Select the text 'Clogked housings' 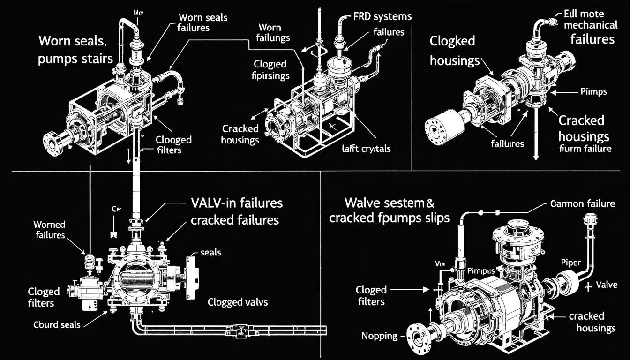click(x=454, y=51)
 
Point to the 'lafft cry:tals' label click(x=366, y=149)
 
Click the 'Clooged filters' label click(x=173, y=145)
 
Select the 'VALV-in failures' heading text click(x=237, y=203)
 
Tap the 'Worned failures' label click(x=49, y=230)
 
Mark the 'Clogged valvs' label click(x=238, y=302)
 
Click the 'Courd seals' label click(x=57, y=324)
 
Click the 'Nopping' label click(x=380, y=336)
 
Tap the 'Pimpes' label click(x=481, y=271)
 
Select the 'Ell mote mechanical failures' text click(x=592, y=26)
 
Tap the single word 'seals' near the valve click(x=210, y=252)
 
